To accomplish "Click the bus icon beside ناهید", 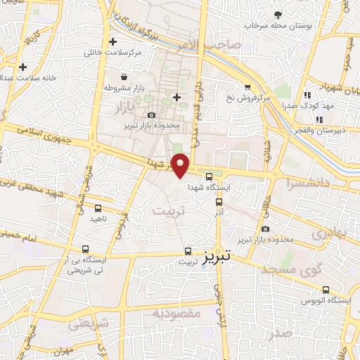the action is [x=98, y=208].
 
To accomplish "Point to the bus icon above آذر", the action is [x=219, y=202].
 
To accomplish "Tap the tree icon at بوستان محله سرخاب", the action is [x=278, y=14].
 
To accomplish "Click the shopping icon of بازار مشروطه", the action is [x=124, y=77].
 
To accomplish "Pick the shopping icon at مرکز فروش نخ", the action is [x=247, y=87].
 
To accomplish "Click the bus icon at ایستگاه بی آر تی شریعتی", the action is [x=85, y=249].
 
